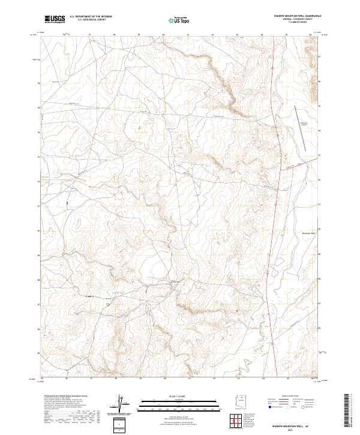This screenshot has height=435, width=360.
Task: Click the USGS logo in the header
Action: point(55,19)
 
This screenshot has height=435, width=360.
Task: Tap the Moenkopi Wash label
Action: point(308,232)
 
